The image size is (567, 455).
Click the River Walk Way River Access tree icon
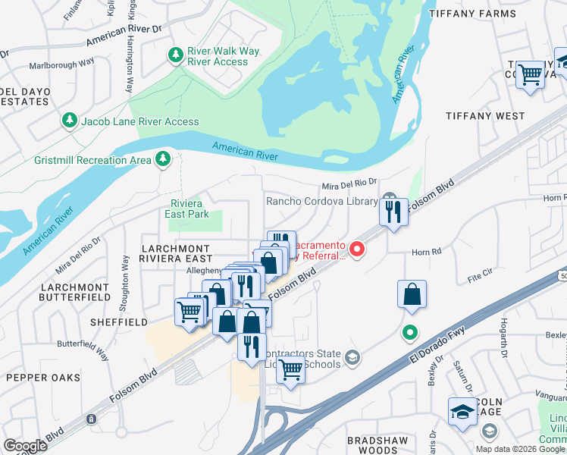[x=176, y=55]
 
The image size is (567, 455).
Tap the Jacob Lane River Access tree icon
[x=70, y=121]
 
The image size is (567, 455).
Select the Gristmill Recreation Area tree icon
[x=161, y=159]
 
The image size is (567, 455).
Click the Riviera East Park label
[x=186, y=209]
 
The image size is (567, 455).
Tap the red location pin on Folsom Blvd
[x=356, y=249]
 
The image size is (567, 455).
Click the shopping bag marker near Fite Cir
[x=412, y=295]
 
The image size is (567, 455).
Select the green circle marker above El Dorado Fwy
[x=409, y=332]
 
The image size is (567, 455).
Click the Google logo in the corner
[x=25, y=445]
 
